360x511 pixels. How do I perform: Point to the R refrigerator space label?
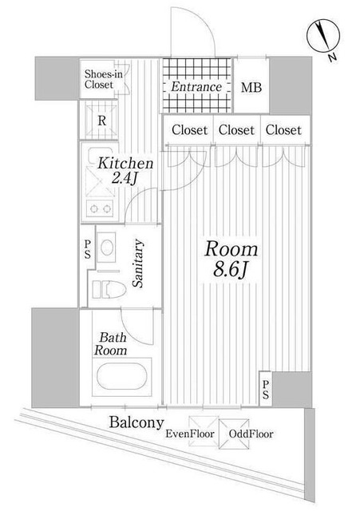[x=102, y=121]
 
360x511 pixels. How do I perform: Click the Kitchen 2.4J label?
[x=125, y=170]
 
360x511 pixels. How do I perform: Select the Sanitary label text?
[x=139, y=263]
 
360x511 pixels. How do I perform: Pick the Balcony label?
[x=137, y=422]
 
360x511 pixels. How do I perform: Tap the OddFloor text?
[x=251, y=434]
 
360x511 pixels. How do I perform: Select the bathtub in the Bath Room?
[x=123, y=377]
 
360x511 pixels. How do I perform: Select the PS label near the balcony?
[x=266, y=389]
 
